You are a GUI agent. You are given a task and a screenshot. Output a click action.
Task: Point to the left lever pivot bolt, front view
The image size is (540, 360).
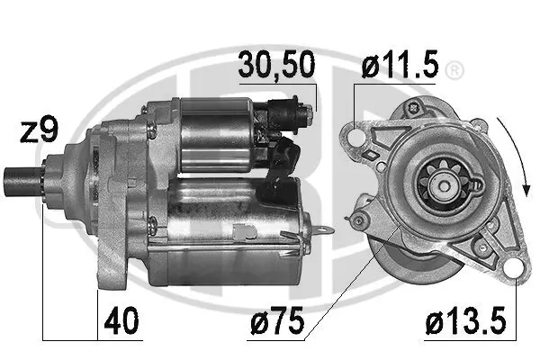pyautogui.click(x=362, y=216)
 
